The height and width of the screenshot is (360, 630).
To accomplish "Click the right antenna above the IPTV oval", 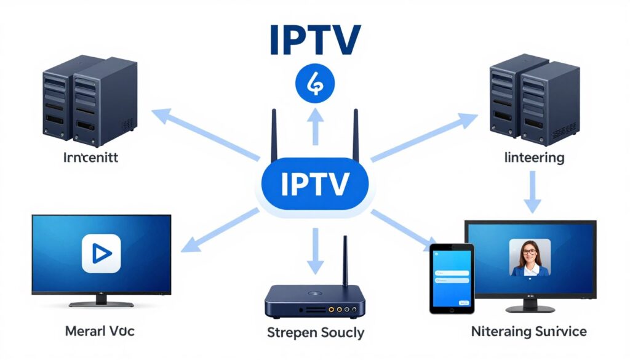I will [355, 135].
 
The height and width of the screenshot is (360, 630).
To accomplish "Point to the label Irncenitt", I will [90, 158].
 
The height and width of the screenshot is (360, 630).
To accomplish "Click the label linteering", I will [533, 158].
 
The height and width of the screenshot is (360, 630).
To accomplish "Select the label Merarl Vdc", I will [100, 331].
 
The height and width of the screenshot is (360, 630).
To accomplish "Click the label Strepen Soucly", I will [316, 333].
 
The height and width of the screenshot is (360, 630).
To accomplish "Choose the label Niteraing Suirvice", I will [528, 332].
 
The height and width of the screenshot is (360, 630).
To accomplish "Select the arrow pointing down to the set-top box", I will [315, 250].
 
